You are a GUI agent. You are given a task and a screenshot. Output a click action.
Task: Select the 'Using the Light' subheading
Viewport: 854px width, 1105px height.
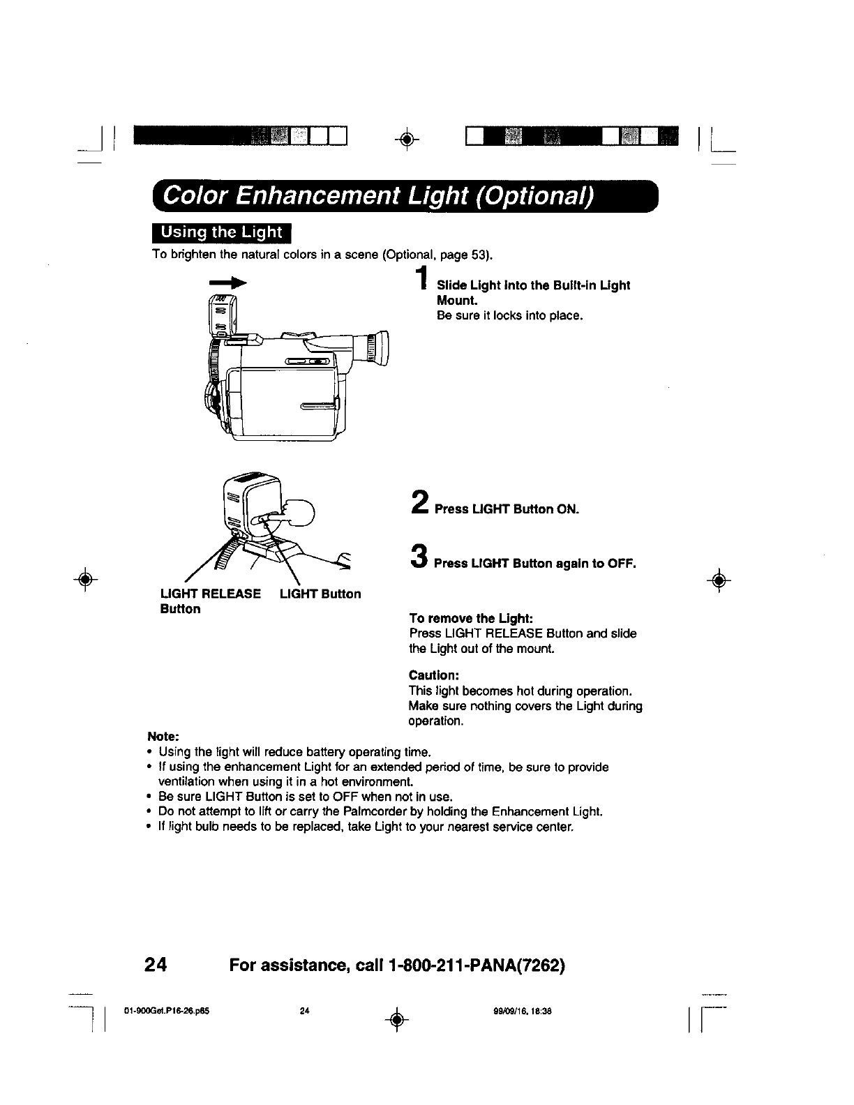(x=222, y=233)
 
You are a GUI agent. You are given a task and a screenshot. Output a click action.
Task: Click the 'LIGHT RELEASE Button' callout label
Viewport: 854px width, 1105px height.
(x=211, y=601)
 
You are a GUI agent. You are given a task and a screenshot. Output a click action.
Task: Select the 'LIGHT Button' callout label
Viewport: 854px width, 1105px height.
(x=320, y=594)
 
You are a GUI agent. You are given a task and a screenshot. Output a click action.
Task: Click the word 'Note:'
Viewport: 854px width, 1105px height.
(x=163, y=737)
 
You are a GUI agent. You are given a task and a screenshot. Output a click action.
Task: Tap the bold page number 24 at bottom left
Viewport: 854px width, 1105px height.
(x=154, y=965)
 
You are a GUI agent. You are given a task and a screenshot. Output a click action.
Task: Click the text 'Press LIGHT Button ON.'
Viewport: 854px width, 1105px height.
(x=507, y=509)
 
